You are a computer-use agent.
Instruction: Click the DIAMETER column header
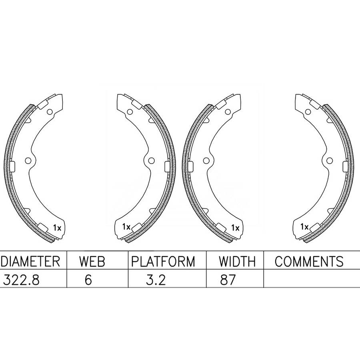30,261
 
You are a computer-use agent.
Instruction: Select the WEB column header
92,261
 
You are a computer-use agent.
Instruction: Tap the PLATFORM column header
163,261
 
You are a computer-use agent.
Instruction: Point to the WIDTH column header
237,261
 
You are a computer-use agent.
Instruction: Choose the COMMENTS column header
309,261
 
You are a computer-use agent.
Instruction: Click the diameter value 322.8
21,280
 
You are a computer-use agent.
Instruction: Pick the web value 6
88,280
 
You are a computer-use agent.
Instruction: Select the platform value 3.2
156,280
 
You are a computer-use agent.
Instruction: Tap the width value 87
228,280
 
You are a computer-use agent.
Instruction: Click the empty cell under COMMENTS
312,278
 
